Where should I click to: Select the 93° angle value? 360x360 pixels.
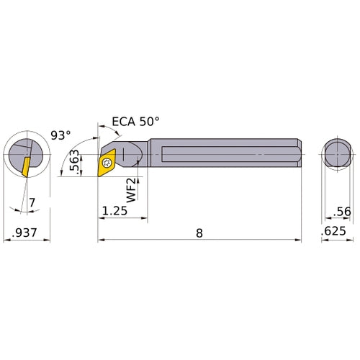point(62,135)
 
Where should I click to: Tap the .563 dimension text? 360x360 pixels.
point(74,161)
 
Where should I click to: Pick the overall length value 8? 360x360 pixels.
point(199,233)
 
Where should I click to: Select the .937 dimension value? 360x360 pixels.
point(27,234)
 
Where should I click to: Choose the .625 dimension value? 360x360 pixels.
point(336,234)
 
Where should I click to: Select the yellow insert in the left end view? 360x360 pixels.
point(26,165)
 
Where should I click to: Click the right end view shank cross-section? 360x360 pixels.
point(335,154)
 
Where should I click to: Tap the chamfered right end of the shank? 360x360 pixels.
point(296,154)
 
